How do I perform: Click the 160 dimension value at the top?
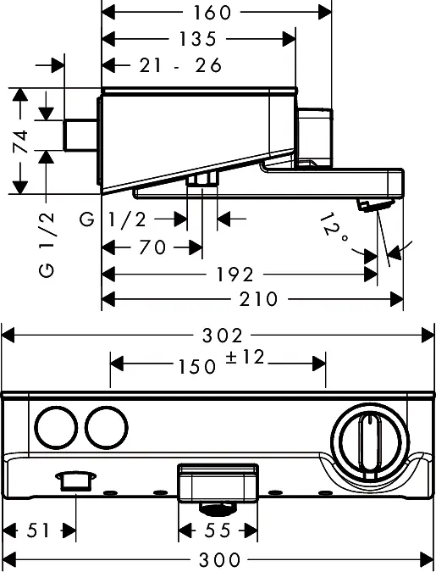[x=212, y=13]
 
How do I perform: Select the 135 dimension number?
[x=197, y=39]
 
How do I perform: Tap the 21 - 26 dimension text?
[x=180, y=65]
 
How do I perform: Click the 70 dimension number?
[x=152, y=247]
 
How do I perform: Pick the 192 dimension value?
[x=235, y=275]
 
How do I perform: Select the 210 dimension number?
[x=258, y=299]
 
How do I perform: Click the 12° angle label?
[x=334, y=228]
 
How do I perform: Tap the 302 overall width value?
[x=222, y=336]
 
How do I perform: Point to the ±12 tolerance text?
[x=245, y=357]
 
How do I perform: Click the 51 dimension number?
[x=38, y=530]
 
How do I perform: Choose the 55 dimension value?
[x=218, y=530]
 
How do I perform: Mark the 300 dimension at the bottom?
[x=219, y=559]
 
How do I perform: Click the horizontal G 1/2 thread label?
[x=113, y=219]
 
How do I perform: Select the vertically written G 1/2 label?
[x=47, y=245]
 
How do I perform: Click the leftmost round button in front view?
[x=56, y=428]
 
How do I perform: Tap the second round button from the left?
[x=107, y=428]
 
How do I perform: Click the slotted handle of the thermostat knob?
[x=370, y=446]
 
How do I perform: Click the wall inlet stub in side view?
[x=80, y=135]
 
